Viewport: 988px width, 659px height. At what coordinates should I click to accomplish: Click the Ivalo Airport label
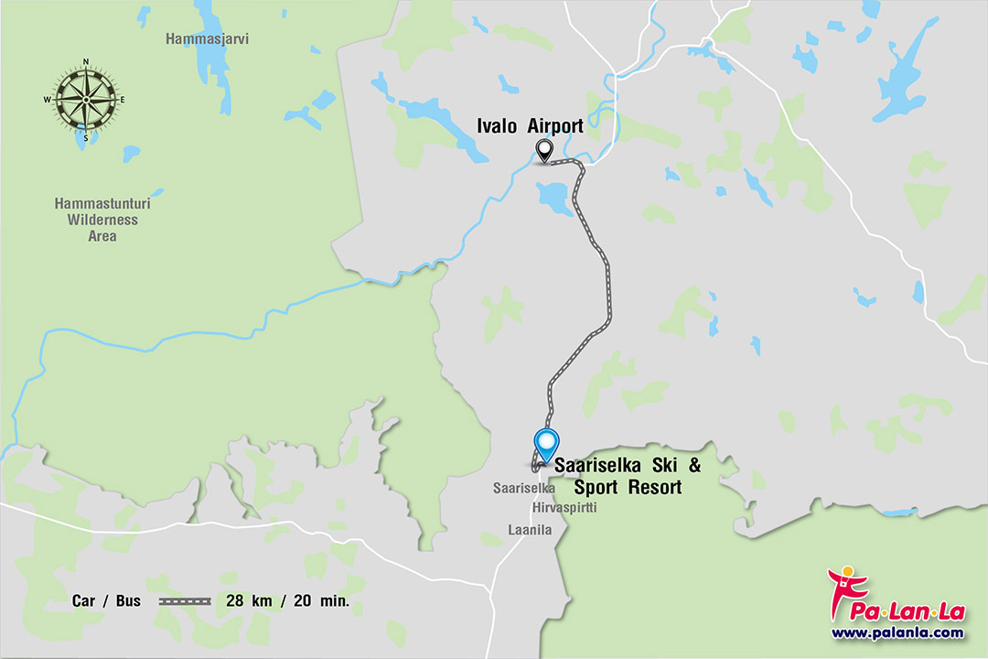[530, 125]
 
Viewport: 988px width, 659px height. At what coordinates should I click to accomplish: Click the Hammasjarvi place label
[208, 38]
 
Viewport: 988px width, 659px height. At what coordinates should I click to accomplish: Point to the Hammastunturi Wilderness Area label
[102, 220]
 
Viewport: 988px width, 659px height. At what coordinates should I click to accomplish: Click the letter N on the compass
[86, 62]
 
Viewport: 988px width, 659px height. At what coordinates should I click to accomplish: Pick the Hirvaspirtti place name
[564, 507]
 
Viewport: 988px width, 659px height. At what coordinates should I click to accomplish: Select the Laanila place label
[531, 529]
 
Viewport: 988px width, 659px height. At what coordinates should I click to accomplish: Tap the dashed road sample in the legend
[185, 601]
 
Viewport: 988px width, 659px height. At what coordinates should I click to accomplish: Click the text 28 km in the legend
[247, 601]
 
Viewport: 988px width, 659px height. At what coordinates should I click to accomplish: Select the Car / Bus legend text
[106, 601]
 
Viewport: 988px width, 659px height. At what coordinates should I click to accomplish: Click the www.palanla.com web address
[897, 632]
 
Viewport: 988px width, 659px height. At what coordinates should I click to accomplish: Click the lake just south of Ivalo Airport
[553, 196]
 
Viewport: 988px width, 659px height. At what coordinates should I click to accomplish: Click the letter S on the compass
[86, 137]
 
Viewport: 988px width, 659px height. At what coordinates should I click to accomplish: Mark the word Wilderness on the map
[102, 220]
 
